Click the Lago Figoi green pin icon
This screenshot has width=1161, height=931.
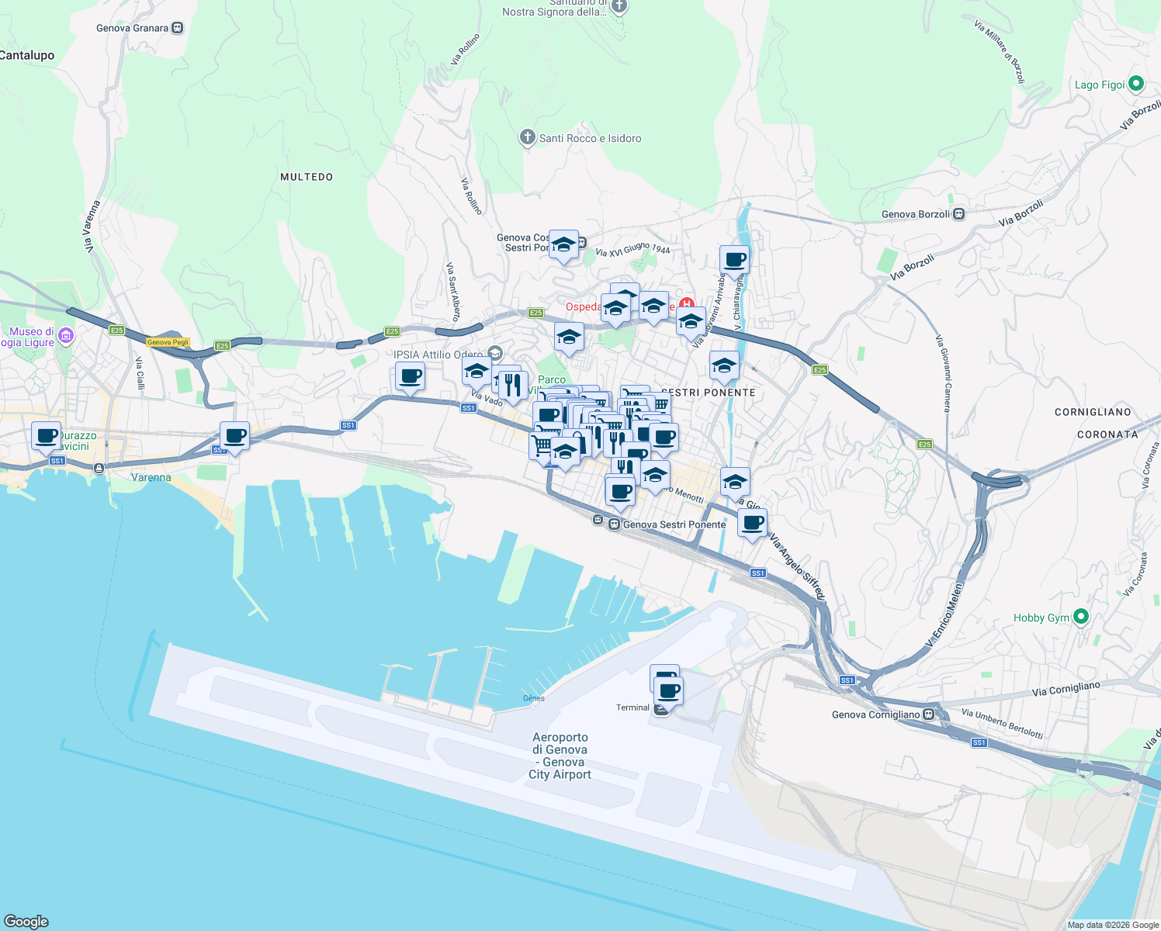pos(1136,84)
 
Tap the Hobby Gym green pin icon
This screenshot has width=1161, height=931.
pos(1081,617)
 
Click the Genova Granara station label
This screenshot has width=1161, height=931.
pos(132,28)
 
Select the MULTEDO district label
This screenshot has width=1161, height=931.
pos(307,177)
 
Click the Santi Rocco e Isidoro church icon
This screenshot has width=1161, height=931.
pos(527,138)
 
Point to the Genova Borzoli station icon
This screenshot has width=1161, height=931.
pos(959,214)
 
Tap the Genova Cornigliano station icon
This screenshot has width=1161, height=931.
pos(928,715)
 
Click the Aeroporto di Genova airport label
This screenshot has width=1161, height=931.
pos(560,756)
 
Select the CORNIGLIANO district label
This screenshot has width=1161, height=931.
pos(1093,412)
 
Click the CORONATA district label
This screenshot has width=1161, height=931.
pos(1107,434)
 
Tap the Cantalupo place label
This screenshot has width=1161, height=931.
pos(27,55)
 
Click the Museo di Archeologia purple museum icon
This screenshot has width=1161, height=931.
pos(66,336)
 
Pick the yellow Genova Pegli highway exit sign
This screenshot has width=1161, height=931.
pos(168,342)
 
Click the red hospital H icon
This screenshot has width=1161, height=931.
pos(686,304)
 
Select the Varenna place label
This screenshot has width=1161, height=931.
pos(151,477)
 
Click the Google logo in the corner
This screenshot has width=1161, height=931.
pos(26,922)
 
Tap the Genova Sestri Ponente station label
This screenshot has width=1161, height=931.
pos(674,524)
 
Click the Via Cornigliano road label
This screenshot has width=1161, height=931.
pos(1066,689)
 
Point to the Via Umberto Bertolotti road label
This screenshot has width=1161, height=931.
pos(1002,723)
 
